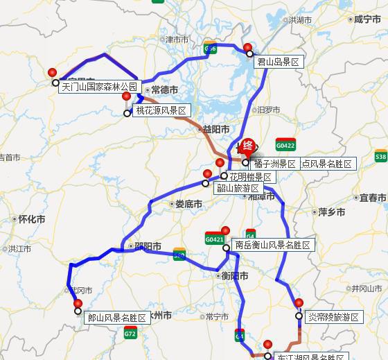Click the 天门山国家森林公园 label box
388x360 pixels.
point(100,87)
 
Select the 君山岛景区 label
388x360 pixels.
point(279,62)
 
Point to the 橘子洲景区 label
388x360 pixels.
point(275,164)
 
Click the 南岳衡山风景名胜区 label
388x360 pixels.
point(272,245)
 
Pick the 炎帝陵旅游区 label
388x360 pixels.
point(334,317)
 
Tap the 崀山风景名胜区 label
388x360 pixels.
point(117,318)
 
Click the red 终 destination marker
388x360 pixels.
point(247,146)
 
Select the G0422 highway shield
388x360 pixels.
point(285,146)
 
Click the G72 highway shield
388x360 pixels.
point(130,334)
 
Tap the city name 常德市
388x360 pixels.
point(164,90)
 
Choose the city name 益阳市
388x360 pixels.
point(215,129)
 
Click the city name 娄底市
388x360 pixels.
point(188,204)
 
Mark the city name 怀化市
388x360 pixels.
point(31,219)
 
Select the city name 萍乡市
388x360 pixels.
point(331,212)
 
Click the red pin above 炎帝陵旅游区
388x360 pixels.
point(299,303)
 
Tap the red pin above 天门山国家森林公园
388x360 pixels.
point(53,73)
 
